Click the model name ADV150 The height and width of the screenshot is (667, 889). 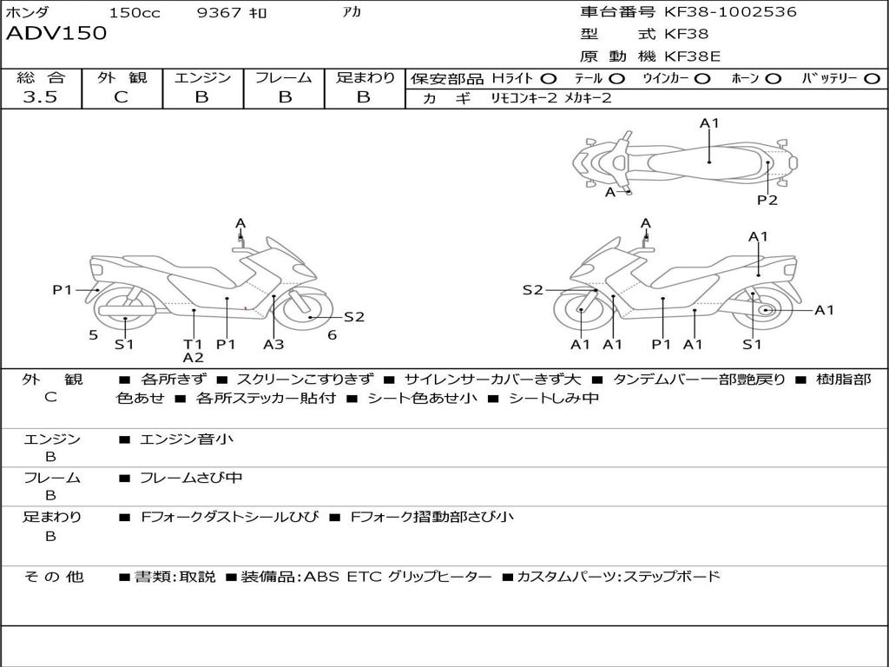pyautogui.click(x=56, y=34)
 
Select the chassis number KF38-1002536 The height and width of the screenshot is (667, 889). pyautogui.click(x=730, y=12)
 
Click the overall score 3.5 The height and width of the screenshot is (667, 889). pyautogui.click(x=40, y=97)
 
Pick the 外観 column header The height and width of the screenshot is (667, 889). pyautogui.click(x=121, y=77)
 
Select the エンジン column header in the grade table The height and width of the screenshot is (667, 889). pyautogui.click(x=202, y=77)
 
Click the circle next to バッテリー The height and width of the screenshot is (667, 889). pyautogui.click(x=872, y=78)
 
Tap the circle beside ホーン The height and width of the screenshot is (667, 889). pyautogui.click(x=774, y=78)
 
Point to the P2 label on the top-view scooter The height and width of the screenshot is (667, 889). pyautogui.click(x=767, y=201)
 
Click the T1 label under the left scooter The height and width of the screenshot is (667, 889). pyautogui.click(x=193, y=344)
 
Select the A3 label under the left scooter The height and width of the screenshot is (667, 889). pyautogui.click(x=273, y=344)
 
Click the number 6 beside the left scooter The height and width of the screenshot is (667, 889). pyautogui.click(x=332, y=334)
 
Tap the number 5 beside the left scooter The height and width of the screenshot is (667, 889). pyautogui.click(x=93, y=334)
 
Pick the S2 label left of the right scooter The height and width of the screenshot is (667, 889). pyautogui.click(x=532, y=290)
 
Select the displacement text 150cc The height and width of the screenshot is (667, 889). pyautogui.click(x=135, y=13)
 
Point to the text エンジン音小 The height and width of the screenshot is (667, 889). pyautogui.click(x=187, y=439)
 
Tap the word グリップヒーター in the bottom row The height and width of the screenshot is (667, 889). pyautogui.click(x=439, y=576)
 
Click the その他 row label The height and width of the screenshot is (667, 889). pyautogui.click(x=54, y=576)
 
